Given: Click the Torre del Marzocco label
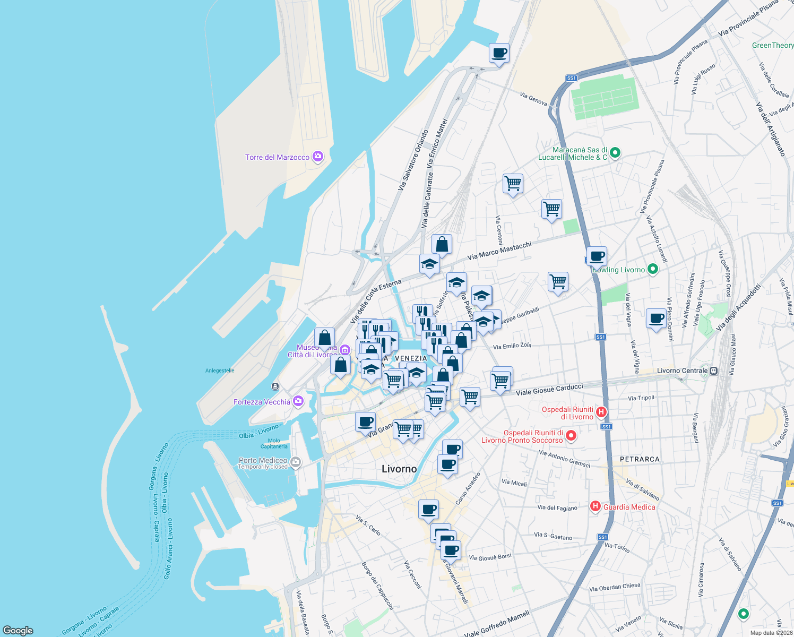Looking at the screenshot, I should tap(277, 158).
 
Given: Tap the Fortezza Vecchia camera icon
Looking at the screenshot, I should tap(298, 401).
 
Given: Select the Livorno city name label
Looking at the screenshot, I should tap(399, 469).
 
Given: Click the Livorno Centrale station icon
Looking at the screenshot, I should tap(714, 371).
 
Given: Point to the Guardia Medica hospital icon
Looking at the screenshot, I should tap(595, 506).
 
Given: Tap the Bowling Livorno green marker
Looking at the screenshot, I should tap(653, 269).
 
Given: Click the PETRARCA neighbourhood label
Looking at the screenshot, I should tap(640, 459).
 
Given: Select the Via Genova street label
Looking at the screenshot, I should tap(533, 99).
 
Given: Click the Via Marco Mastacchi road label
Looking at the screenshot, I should tap(499, 251).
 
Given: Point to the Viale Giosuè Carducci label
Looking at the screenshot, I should tap(549, 390).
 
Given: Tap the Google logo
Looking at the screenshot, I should tap(18, 631).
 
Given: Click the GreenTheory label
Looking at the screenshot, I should tap(772, 46).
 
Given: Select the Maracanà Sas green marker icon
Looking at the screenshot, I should tap(615, 153).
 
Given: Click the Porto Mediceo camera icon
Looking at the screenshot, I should tap(296, 462).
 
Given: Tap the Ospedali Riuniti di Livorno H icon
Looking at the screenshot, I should tap(601, 412).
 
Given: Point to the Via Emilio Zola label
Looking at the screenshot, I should tap(512, 346).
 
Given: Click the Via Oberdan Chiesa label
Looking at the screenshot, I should tap(615, 587).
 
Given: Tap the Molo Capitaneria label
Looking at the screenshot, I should tap(274, 443).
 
